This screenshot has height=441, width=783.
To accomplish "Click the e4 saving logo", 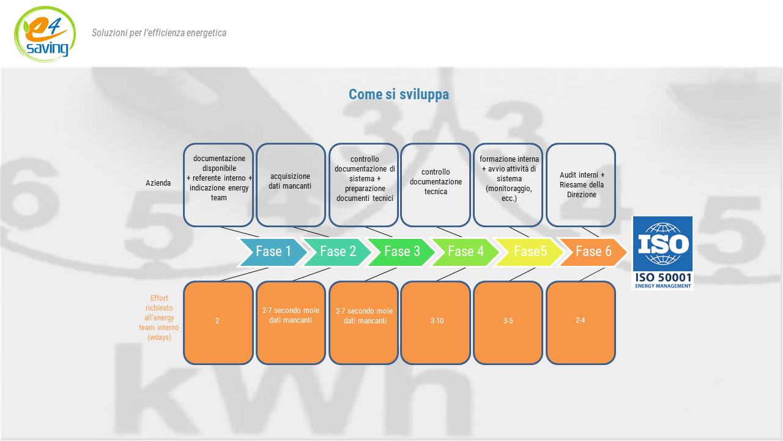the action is (45, 34).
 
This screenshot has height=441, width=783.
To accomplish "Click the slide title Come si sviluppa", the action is (398, 94).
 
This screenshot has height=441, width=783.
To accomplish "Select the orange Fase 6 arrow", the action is (593, 252).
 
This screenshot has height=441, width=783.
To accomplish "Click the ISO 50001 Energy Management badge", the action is (662, 253).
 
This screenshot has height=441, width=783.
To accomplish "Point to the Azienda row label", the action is (158, 183).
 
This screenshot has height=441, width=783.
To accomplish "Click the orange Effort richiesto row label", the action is (159, 317).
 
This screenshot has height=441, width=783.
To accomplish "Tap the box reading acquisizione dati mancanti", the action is (291, 185).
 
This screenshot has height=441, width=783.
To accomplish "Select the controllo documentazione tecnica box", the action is (436, 185).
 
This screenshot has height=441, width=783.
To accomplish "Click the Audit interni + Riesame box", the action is (581, 185).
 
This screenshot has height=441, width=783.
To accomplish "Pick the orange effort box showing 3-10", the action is (436, 323).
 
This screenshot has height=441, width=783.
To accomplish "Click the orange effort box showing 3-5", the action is (508, 323).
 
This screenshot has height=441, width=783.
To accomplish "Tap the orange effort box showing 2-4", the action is (581, 323).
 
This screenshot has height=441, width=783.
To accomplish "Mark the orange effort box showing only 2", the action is (218, 323).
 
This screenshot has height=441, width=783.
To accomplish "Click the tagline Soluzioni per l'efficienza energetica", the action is (159, 33).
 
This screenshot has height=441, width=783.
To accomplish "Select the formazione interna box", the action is (508, 185).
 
